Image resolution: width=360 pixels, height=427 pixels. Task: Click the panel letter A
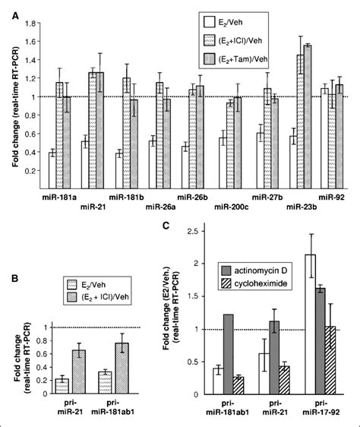pos(7,6)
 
